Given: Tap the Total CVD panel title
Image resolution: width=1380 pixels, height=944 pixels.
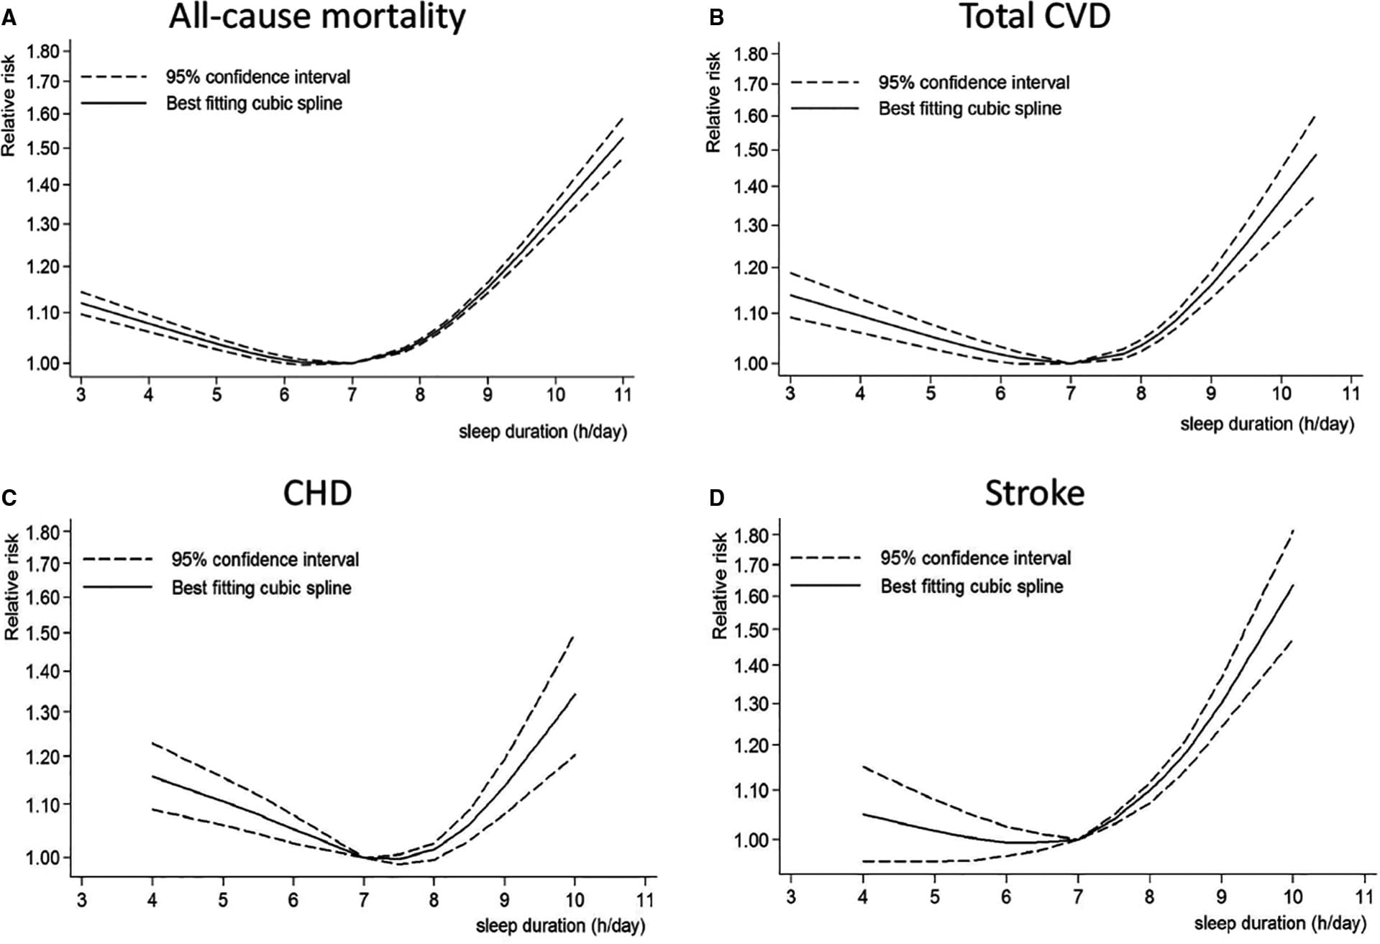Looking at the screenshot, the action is [1035, 16].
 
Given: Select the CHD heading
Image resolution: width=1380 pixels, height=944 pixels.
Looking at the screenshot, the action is [317, 493].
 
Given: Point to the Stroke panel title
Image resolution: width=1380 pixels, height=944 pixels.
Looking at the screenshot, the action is [1034, 493].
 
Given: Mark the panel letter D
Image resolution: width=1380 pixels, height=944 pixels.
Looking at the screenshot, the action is [716, 498].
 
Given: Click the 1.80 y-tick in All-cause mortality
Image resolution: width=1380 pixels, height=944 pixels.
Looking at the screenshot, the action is [43, 51].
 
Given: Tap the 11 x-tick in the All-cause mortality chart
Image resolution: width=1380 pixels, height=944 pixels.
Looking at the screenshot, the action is [623, 394].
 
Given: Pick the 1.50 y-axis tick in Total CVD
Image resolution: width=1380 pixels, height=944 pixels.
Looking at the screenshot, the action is [751, 150].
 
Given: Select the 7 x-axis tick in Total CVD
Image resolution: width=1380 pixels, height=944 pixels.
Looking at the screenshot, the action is [1070, 393].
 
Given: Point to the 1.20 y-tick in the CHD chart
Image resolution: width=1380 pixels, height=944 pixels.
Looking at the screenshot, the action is [43, 757].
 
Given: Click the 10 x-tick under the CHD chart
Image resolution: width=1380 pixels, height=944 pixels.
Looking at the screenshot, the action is [575, 899].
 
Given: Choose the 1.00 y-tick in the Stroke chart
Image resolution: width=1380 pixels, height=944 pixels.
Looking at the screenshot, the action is [751, 840].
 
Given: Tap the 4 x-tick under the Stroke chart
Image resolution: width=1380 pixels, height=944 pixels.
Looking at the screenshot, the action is [862, 897].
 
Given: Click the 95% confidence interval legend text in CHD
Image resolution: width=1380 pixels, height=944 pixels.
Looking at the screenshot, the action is [265, 559].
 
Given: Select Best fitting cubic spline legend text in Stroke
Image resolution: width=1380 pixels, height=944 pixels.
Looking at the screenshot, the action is [972, 586].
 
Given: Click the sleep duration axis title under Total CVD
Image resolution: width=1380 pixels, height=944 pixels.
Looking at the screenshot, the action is [1267, 424].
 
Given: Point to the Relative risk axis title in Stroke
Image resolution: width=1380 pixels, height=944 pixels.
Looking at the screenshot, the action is [719, 586].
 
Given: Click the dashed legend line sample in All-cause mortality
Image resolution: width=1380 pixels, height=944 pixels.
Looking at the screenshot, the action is [114, 77].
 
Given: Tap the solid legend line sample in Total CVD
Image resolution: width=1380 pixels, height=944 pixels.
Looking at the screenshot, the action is [825, 109].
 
